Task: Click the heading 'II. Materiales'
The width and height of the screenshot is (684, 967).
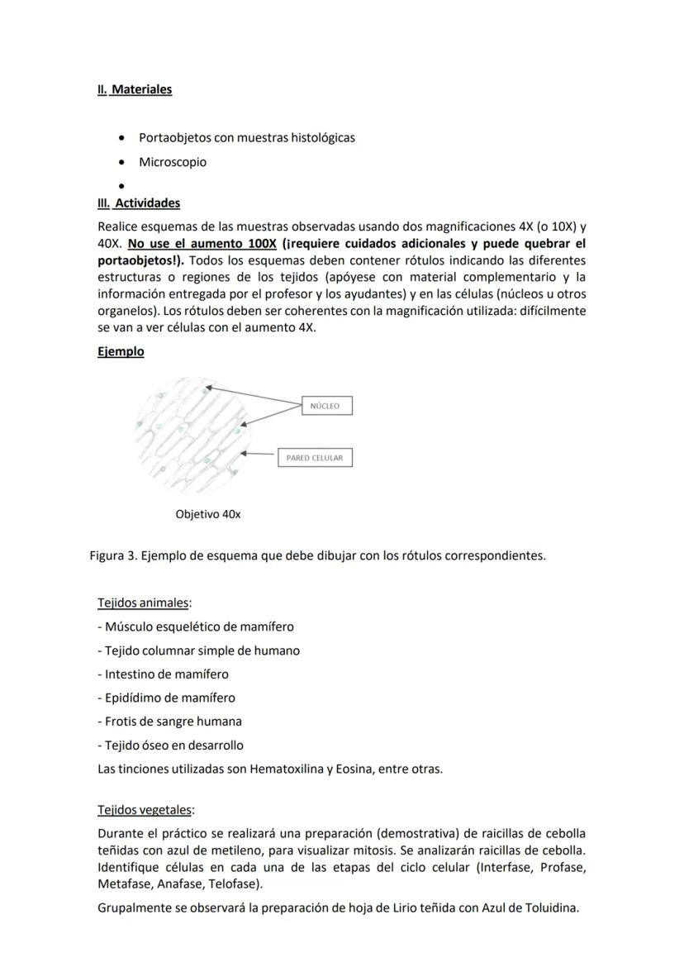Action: click(135, 89)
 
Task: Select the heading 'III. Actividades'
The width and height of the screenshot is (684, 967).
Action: click(139, 203)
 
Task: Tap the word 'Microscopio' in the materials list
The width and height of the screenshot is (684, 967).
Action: click(173, 162)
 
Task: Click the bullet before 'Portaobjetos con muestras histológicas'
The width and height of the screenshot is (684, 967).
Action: click(122, 138)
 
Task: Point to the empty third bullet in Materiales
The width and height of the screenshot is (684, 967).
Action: click(122, 187)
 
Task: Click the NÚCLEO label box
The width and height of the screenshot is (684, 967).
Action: click(325, 406)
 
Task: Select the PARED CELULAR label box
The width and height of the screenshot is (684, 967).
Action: click(314, 458)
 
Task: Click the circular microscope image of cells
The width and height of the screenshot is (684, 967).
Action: click(192, 434)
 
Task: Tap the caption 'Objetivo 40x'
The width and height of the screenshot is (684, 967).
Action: click(208, 514)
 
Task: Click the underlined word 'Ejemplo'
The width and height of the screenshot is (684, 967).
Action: click(121, 352)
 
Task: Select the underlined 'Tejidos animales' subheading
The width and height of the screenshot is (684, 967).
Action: click(143, 603)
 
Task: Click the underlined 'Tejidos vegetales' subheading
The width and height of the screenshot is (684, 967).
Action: click(145, 810)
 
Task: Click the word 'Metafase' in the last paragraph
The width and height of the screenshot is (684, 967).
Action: click(126, 884)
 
